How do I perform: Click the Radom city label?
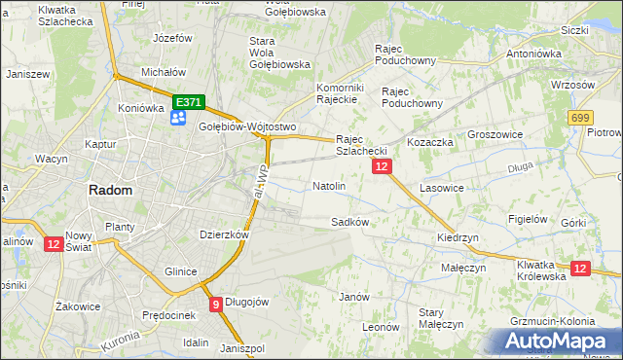[110, 191]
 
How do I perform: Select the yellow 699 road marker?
[581, 118]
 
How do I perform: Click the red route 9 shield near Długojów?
[215, 304]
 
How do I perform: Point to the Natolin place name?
[328, 186]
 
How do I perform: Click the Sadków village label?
[349, 222]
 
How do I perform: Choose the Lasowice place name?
[444, 187]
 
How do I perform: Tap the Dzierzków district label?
[224, 234]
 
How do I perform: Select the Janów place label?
[353, 297]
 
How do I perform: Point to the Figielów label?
[527, 219]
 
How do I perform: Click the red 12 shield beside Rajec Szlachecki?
[382, 167]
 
